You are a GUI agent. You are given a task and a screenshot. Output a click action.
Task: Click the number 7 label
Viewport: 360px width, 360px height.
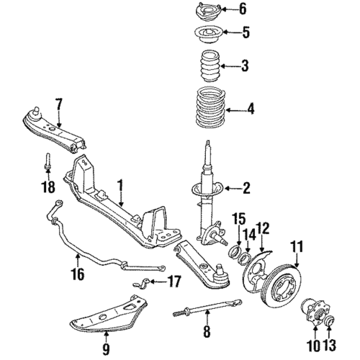point(58,107)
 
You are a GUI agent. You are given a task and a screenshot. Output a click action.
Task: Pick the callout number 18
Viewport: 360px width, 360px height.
point(47,189)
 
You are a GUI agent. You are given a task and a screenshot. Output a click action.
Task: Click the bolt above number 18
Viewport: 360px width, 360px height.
point(46,162)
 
